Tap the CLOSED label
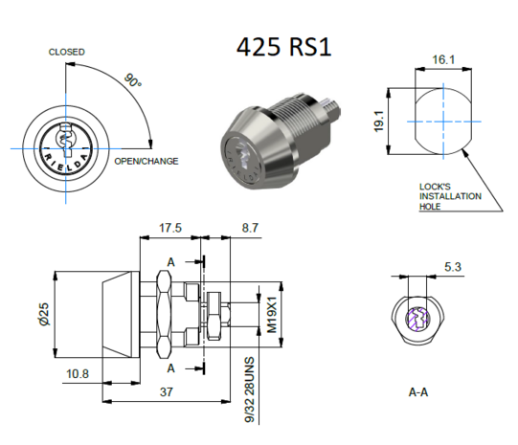click(x=67, y=52)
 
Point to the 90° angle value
click(x=132, y=81)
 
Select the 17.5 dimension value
click(x=170, y=229)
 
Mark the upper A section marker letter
click(x=170, y=261)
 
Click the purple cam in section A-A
click(x=419, y=320)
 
